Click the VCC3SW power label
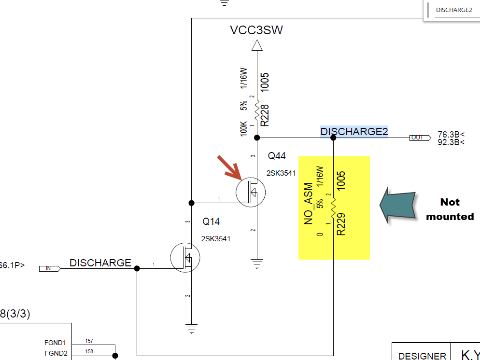256,30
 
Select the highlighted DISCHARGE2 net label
354,132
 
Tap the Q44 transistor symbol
251,192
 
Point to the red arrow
229,166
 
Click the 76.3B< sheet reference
451,135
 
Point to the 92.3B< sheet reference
451,142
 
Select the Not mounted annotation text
450,209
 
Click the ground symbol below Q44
257,263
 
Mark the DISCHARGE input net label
100,263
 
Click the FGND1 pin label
55,343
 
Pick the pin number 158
89,351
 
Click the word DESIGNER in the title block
422,356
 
